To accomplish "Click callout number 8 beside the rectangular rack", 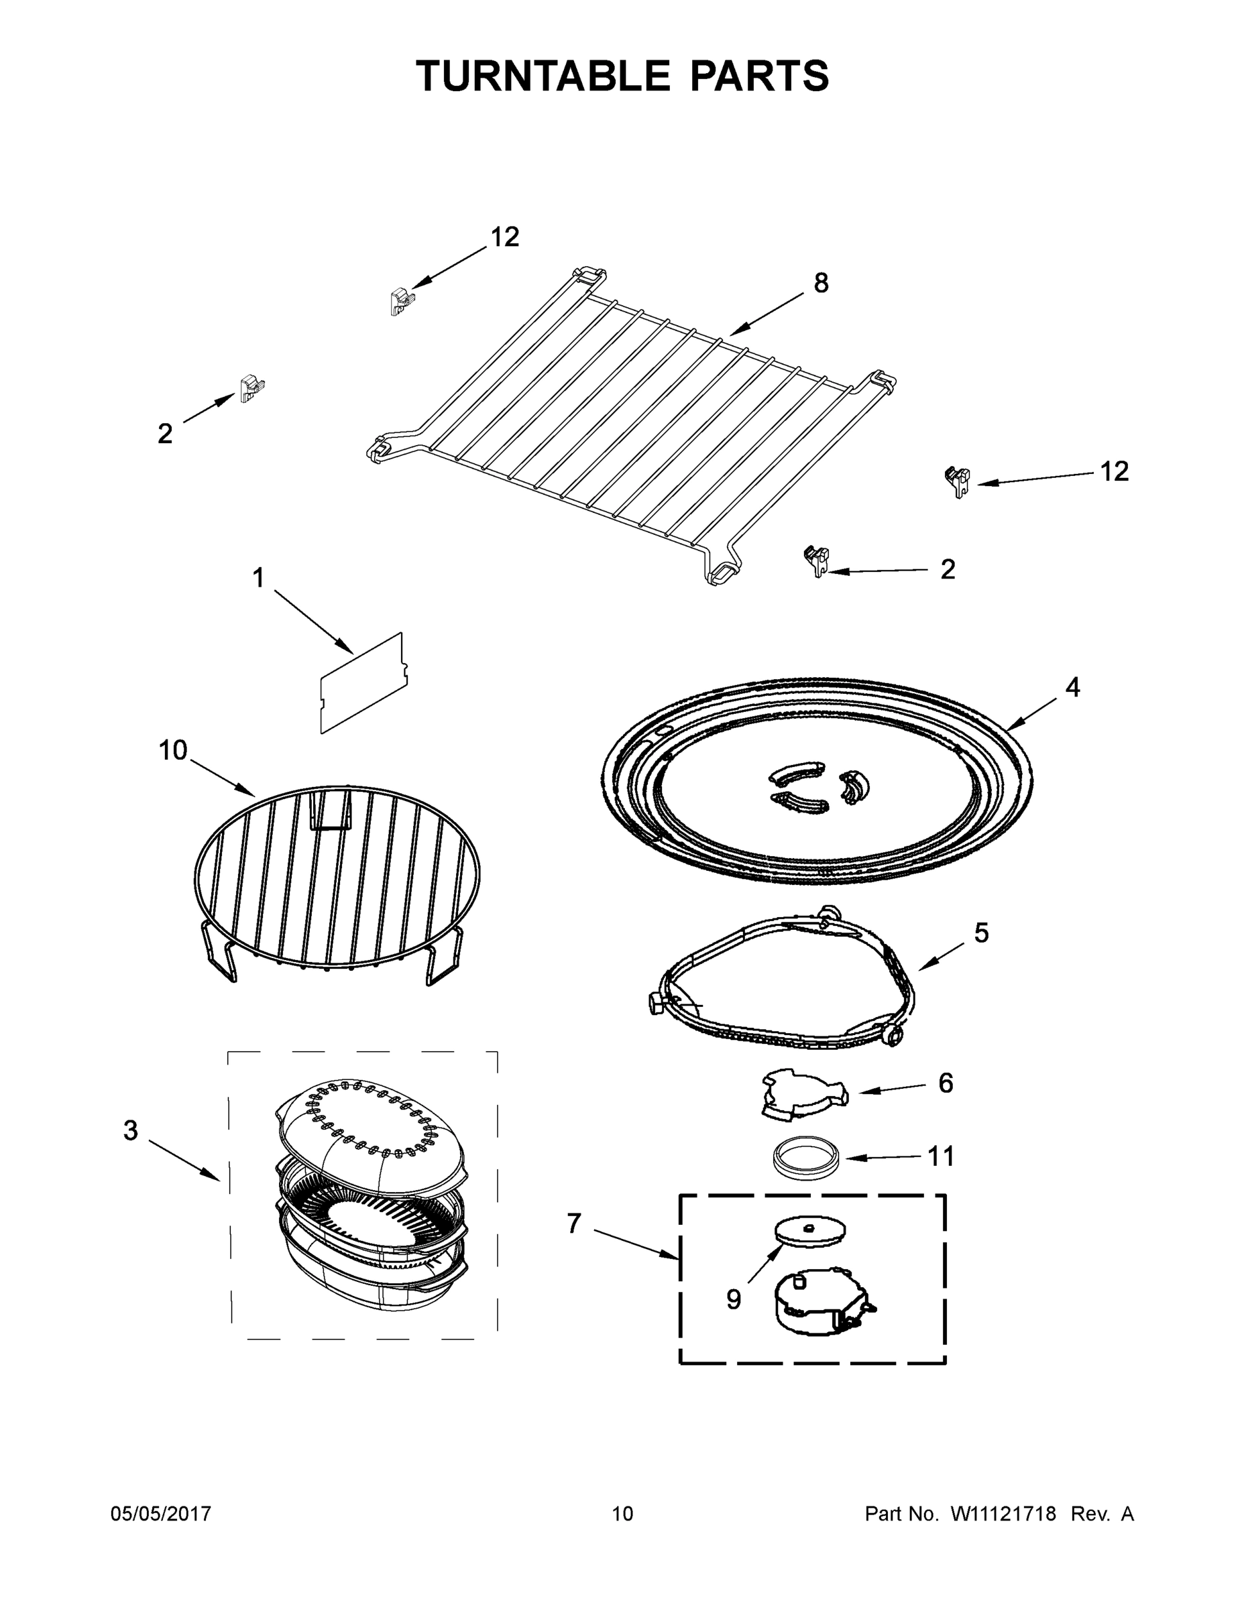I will pyautogui.click(x=821, y=283).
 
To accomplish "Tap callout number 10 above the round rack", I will pyautogui.click(x=173, y=751).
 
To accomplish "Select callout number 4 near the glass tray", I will pyautogui.click(x=1072, y=687).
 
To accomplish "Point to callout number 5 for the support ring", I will pyautogui.click(x=981, y=933).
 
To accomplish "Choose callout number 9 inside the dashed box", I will pyautogui.click(x=733, y=1299).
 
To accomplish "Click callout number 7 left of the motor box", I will pyautogui.click(x=574, y=1224).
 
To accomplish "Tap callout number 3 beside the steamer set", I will pyautogui.click(x=131, y=1130).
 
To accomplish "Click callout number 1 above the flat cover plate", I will pyautogui.click(x=258, y=579).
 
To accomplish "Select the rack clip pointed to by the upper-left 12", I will pyautogui.click(x=401, y=300).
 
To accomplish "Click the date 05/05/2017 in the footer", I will pyautogui.click(x=161, y=1513).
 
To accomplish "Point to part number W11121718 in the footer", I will pyautogui.click(x=1003, y=1513).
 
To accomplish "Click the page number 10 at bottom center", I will pyautogui.click(x=623, y=1513).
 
